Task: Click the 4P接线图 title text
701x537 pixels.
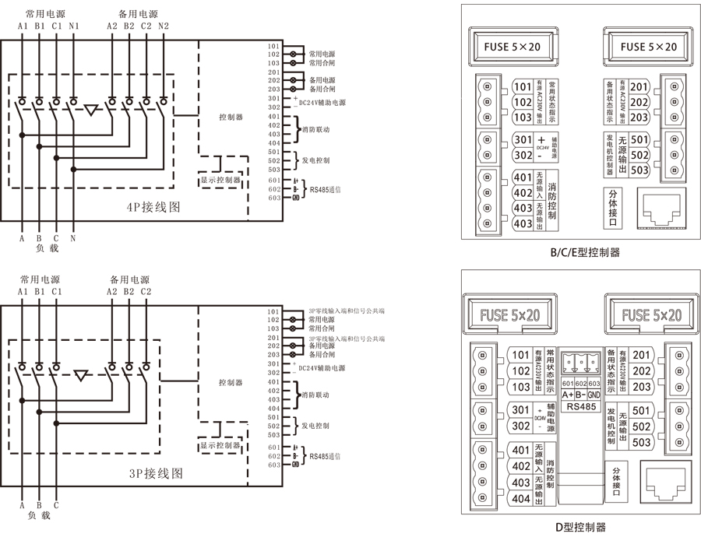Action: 153,208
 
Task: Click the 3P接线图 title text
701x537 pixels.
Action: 155,472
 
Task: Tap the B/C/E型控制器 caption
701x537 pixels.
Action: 585,252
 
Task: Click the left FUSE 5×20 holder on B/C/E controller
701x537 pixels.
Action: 511,47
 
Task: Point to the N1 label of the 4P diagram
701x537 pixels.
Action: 74,26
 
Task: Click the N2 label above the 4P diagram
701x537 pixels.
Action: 164,26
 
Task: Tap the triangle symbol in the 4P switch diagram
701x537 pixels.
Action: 93,110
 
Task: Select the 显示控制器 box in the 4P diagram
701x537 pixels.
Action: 221,181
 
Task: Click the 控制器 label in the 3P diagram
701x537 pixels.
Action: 231,383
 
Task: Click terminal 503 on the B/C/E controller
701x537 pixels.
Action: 639,170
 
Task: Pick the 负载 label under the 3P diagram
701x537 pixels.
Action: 39,515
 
